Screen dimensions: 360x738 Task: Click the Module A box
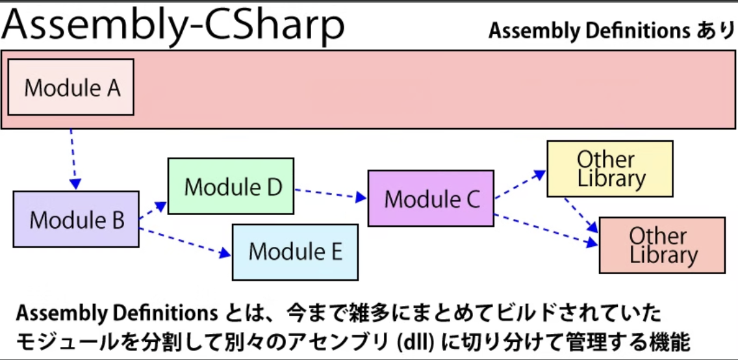[71, 87]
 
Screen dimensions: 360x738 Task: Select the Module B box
[76, 220]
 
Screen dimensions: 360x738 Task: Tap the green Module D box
[231, 186]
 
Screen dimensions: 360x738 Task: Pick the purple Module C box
[431, 198]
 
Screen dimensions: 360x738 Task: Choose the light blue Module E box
[295, 251]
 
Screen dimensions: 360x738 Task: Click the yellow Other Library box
[609, 168]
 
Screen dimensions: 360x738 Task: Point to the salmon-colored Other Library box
[661, 245]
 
